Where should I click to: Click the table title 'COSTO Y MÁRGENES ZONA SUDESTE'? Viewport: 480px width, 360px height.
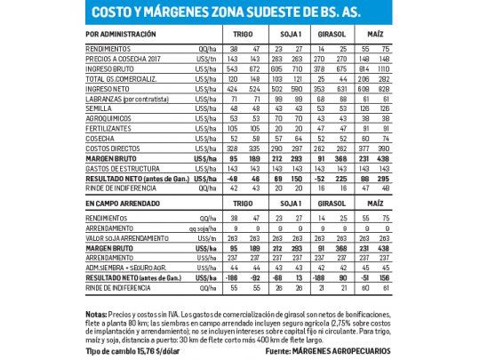click(239, 12)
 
